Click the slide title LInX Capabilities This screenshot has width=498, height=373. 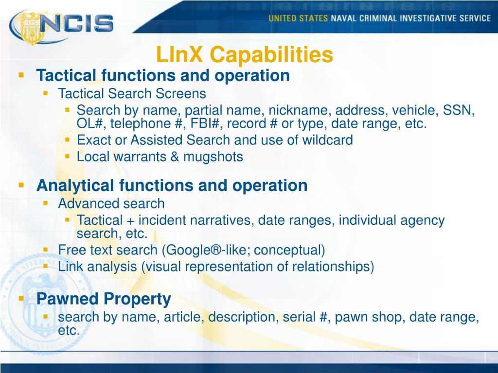coord(245,55)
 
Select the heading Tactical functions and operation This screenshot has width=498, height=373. coord(163,75)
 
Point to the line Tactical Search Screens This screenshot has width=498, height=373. coord(132,93)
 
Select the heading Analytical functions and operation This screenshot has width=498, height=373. coord(172,185)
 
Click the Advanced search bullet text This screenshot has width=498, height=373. coord(111,203)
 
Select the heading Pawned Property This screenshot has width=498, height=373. coord(104,299)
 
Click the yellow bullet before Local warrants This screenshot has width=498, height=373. coord(68,156)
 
